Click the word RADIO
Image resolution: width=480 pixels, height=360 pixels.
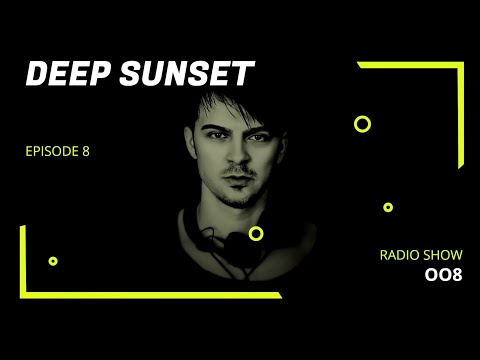(398, 255)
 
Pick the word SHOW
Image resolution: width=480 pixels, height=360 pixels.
(443, 255)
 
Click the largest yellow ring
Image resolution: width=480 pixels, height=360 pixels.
(362, 124)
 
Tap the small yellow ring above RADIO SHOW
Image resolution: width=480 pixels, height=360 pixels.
(388, 207)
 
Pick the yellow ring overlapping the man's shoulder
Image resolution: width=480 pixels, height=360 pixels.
(256, 233)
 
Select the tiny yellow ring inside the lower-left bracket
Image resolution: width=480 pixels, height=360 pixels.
(53, 261)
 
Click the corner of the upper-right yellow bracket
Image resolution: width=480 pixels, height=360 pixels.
(458, 65)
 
